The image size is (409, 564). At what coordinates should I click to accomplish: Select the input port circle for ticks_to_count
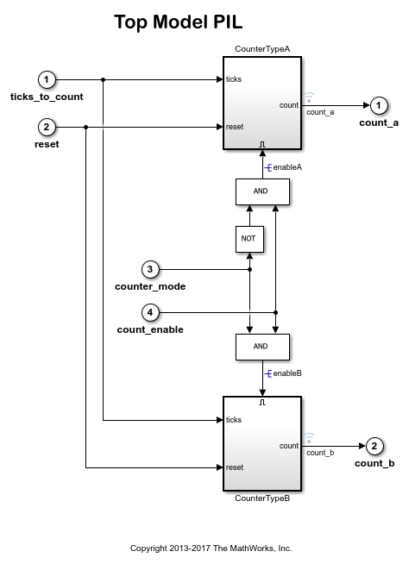pyautogui.click(x=47, y=79)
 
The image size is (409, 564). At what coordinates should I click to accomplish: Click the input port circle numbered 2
pyautogui.click(x=47, y=127)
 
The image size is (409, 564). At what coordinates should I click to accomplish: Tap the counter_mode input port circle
pyautogui.click(x=150, y=269)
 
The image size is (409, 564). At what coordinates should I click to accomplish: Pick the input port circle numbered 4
pyautogui.click(x=150, y=312)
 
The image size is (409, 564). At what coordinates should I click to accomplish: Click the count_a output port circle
pyautogui.click(x=378, y=105)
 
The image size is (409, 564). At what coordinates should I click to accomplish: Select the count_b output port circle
pyautogui.click(x=374, y=446)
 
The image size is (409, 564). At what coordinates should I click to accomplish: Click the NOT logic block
pyautogui.click(x=249, y=237)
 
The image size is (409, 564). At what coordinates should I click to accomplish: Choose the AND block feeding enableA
pyautogui.click(x=262, y=191)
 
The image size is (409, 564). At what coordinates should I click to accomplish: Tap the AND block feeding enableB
pyautogui.click(x=262, y=347)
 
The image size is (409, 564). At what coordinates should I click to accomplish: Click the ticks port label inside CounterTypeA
pyautogui.click(x=234, y=79)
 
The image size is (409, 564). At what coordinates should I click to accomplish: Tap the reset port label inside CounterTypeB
pyautogui.click(x=235, y=467)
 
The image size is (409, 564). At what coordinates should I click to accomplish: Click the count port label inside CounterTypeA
pyautogui.click(x=289, y=105)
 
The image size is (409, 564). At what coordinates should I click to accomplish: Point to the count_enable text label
pyautogui.click(x=150, y=329)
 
